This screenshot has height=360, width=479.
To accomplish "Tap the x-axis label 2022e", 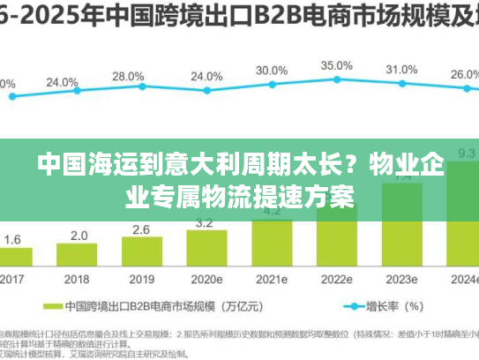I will pos(337,280).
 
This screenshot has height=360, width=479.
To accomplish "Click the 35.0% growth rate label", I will pos(336,65).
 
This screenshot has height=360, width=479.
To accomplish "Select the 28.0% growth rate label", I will pos(128,76).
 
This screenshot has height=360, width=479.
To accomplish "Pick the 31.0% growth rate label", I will pos(401,70).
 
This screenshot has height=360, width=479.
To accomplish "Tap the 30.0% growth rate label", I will pos(271,71).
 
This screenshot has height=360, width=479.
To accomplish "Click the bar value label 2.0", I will pos(79,236).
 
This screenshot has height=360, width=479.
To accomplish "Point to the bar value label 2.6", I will pos(141,229).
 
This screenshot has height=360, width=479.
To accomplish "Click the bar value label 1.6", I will pos(13,239).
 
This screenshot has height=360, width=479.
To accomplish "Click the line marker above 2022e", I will pos(336,81).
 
